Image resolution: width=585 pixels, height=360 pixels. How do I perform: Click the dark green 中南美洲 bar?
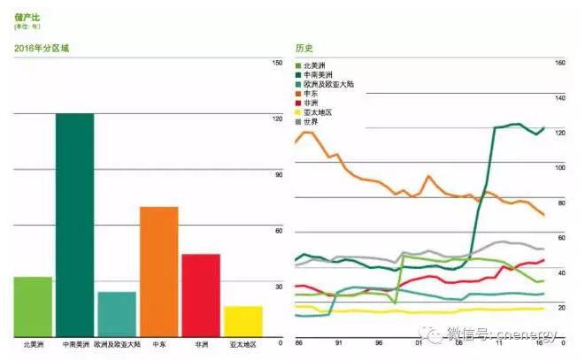coord(74,225)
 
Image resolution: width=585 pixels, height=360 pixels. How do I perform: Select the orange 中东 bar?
coord(159,271)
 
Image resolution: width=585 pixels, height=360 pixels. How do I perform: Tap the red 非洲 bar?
coord(202,295)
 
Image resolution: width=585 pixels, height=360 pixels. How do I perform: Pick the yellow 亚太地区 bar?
coord(243,320)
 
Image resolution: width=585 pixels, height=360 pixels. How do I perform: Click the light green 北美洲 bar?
coord(33,306)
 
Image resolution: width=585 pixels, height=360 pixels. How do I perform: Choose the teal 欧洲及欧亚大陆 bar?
coord(117,313)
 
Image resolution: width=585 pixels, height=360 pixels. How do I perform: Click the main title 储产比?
coord(27,17)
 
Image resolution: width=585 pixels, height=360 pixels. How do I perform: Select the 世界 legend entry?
coord(310,121)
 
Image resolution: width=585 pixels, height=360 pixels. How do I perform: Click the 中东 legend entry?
coord(310,93)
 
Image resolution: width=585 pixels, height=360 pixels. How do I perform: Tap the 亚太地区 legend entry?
coord(315,111)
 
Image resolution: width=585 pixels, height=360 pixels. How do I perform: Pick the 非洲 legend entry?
coord(310,103)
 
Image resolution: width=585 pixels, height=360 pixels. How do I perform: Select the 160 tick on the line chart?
coord(559,63)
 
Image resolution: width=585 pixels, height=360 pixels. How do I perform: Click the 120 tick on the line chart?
coord(559,133)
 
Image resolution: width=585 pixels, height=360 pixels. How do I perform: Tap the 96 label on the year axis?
coord(379,341)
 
